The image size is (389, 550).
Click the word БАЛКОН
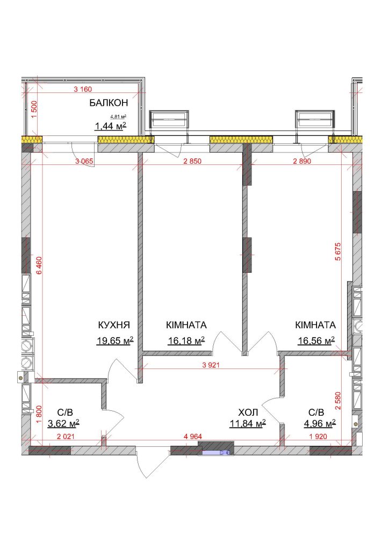click(109, 103)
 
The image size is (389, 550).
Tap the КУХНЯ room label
click(114, 325)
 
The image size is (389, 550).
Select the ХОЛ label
click(248, 412)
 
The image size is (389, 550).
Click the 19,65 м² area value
click(114, 341)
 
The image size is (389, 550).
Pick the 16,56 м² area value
click(316, 341)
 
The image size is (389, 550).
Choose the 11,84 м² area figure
click(247, 423)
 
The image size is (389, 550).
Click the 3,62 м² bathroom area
click(63, 423)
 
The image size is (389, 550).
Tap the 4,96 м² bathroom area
click(320, 423)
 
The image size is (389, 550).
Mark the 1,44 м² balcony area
click(110, 126)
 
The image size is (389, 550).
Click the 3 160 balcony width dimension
click(83, 89)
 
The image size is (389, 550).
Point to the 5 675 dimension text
click(338, 251)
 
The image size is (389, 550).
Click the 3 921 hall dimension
click(211, 365)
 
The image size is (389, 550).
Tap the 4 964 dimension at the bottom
click(193, 437)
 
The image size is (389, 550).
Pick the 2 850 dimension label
click(192, 161)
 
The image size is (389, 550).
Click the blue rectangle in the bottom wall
click(214, 452)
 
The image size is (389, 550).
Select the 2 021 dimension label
click(65, 437)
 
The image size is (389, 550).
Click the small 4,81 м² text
click(118, 117)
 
